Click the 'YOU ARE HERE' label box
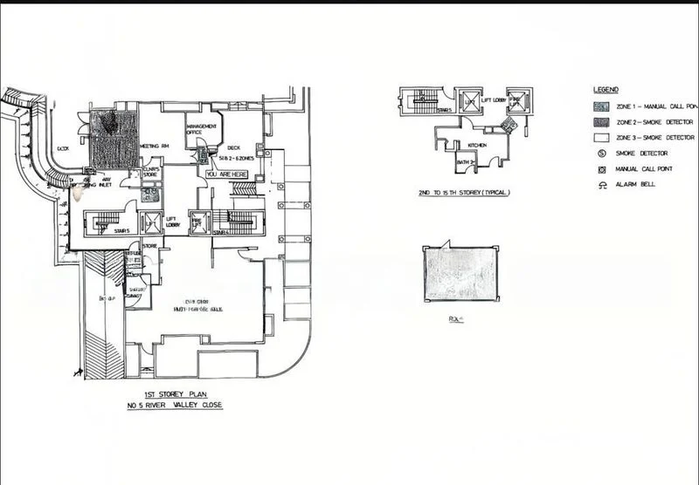point(227,174)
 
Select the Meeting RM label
point(155,145)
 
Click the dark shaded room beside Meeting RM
point(114,138)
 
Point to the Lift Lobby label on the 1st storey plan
point(172,222)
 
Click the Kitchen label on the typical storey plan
point(476,145)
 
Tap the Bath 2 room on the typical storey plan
point(464,161)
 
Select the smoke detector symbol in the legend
point(602,153)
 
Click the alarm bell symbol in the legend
point(602,184)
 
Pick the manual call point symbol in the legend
point(602,168)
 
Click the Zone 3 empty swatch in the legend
point(602,137)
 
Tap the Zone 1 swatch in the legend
point(602,106)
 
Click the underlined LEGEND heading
point(606,90)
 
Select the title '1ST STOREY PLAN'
point(171,394)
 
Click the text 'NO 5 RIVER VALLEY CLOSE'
point(171,406)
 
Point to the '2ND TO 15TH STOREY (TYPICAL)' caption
point(464,192)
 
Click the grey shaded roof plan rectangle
point(460,273)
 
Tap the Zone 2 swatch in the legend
point(602,121)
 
